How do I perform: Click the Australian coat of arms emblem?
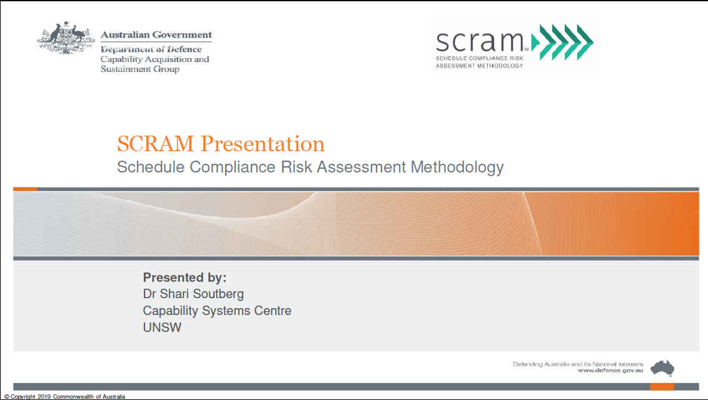pos(66,38)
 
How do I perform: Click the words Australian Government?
pos(156,35)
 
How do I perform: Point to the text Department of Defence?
pos(151,49)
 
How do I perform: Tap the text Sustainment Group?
pos(140,69)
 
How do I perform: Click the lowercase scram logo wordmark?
pos(480,41)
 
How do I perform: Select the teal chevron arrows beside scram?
pos(562,42)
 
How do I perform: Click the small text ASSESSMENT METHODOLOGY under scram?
pos(479,66)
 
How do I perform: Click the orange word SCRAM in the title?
pos(155,144)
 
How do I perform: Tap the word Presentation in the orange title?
pos(263,144)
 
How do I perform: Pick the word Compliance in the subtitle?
pos(233,167)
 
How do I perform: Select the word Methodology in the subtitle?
pos(457,167)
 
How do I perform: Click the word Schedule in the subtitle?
pos(151,167)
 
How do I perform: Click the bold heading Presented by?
pos(185,277)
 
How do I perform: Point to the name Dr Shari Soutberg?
pos(193,294)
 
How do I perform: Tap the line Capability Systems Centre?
pos(217,311)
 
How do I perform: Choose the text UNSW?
pos(162,327)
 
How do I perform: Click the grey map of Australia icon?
pos(662,368)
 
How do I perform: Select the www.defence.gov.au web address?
pos(610,370)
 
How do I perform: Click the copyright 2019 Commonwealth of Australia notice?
pos(64,397)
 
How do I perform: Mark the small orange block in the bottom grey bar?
pos(662,386)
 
